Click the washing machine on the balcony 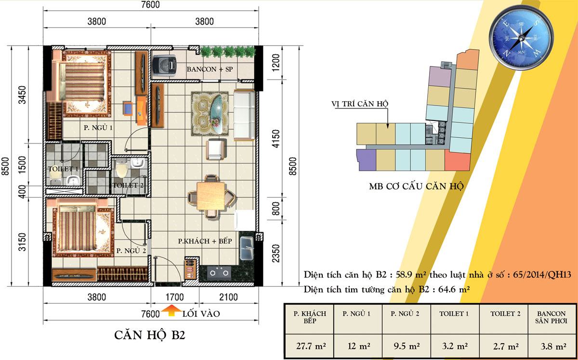[164, 66]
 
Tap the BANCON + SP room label [210, 69]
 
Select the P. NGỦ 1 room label [98, 128]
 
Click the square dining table [210, 196]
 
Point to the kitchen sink [247, 248]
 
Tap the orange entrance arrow [171, 310]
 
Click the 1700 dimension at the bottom [174, 297]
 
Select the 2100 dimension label [228, 297]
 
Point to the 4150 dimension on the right [276, 139]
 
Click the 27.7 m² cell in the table [311, 346]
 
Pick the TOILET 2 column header [505, 314]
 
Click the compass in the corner [521, 38]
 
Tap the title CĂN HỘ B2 [150, 335]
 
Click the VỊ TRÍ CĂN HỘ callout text [360, 104]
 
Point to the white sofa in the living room [244, 115]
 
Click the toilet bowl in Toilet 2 [121, 168]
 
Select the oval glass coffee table [216, 114]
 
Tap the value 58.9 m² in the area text [411, 275]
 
